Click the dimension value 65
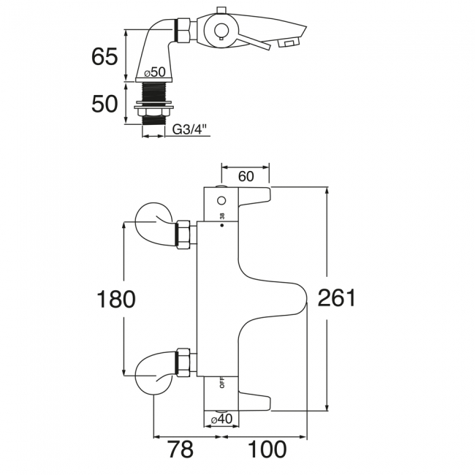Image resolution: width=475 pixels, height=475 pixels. tap(104, 57)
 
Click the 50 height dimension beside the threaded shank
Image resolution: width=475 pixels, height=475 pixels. tap(104, 104)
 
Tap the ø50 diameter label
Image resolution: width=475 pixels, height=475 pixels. tap(155, 72)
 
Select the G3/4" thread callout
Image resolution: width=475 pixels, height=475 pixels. tap(189, 129)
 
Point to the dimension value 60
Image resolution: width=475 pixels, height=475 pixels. tap(246, 176)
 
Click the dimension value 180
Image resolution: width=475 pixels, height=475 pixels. tap(116, 299)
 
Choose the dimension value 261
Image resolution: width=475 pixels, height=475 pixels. tap(337, 297)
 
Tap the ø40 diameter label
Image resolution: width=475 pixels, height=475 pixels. tap(221, 419)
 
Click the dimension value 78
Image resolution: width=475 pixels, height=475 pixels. tap(180, 449)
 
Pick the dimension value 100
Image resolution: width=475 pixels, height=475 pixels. tap(267, 449)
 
